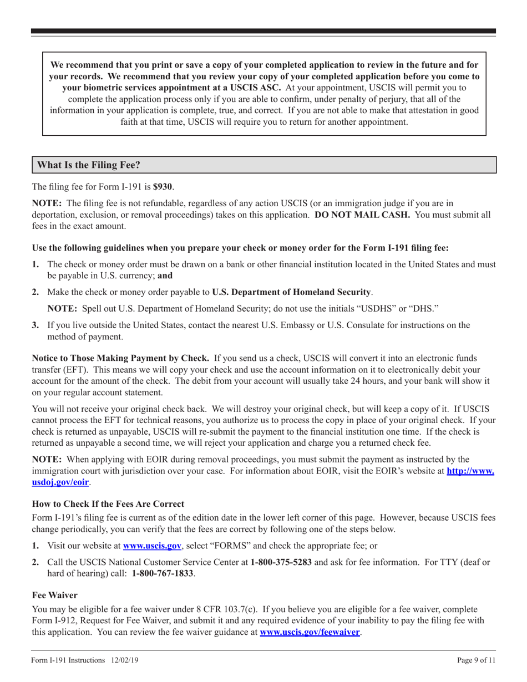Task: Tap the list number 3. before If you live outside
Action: [x=36, y=325]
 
